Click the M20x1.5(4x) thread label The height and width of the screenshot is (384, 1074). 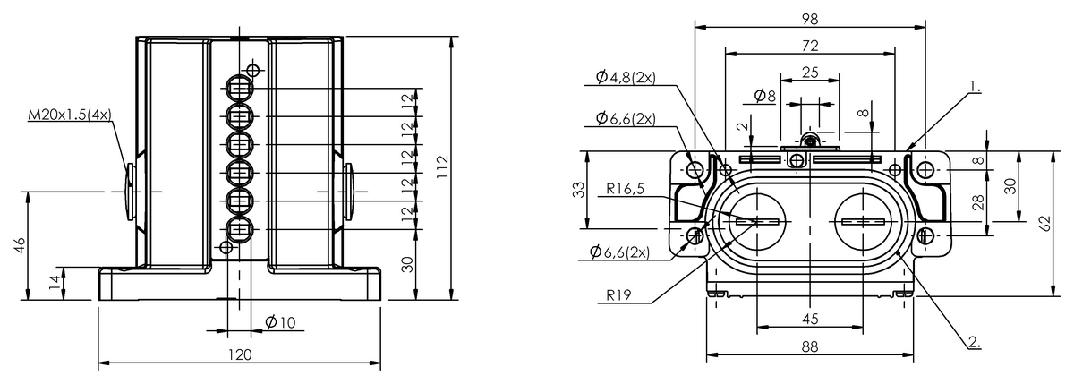tap(70, 115)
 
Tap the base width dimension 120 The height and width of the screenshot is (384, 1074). tap(239, 354)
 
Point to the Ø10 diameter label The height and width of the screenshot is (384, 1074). tap(280, 322)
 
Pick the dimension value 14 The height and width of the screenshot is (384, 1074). tap(54, 283)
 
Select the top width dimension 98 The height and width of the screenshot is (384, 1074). tap(809, 18)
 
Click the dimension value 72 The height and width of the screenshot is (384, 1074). tap(809, 45)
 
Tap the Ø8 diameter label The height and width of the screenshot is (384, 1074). tap(765, 94)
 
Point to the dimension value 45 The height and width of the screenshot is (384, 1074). tap(809, 318)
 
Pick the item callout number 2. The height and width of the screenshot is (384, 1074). tap(974, 342)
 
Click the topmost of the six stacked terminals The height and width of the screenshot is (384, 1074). tap(239, 88)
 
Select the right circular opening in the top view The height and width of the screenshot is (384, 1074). tap(862, 221)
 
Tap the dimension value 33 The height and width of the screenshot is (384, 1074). tap(578, 189)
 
